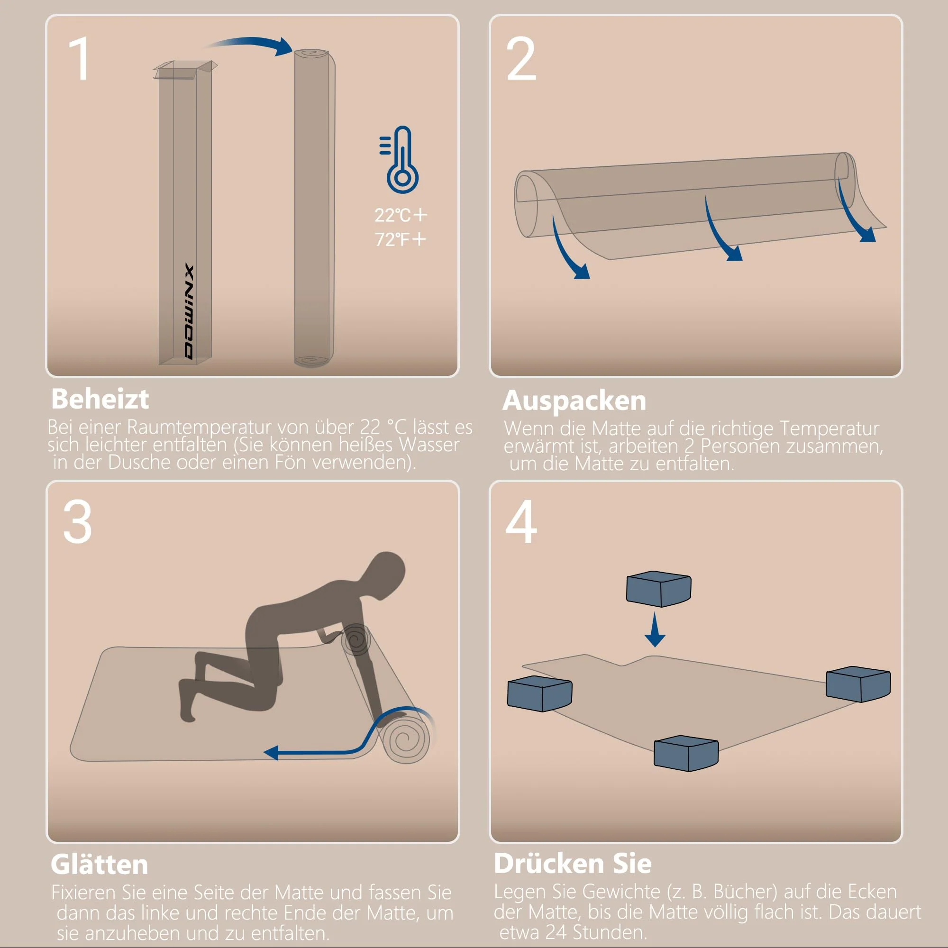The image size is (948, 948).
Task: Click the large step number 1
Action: pos(80,59)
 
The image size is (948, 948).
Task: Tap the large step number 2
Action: pos(521,59)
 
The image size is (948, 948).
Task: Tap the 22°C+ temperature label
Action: pos(401,215)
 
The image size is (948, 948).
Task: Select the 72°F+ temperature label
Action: pos(401,239)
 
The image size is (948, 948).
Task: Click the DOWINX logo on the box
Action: pos(190,312)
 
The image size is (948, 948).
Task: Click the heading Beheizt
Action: pos(100,399)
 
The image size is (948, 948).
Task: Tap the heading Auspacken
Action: pos(574,401)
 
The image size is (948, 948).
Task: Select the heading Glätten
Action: pos(99,865)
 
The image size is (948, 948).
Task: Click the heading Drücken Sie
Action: pos(573,864)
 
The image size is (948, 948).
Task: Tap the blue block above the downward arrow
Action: pos(658,589)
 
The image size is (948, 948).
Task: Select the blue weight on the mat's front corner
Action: pos(686,753)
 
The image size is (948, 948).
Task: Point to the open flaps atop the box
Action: pos(184,70)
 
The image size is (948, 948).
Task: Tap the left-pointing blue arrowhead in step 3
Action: pos(271,753)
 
